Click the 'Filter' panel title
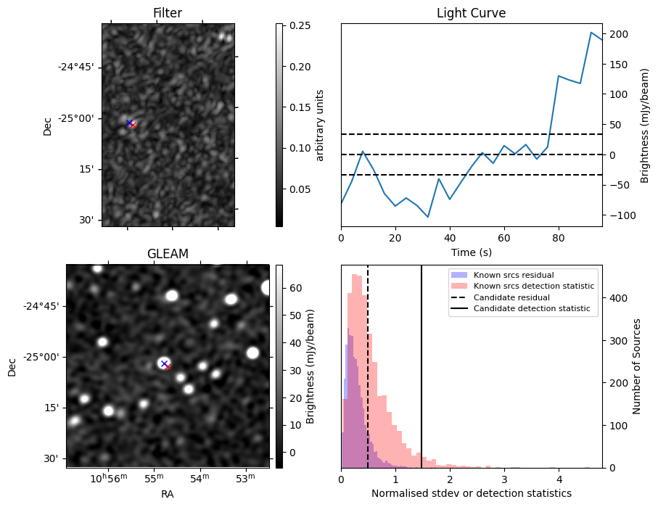coord(168,13)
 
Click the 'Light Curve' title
coord(471,13)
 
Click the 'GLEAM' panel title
coord(168,254)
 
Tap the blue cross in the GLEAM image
coord(164,363)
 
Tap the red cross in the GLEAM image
coord(168,367)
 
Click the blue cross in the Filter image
coord(129,123)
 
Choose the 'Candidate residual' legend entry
coord(511,297)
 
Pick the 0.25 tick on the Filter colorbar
coord(295,26)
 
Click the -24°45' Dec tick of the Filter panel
coord(79,67)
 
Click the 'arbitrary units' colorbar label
coord(320,125)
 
